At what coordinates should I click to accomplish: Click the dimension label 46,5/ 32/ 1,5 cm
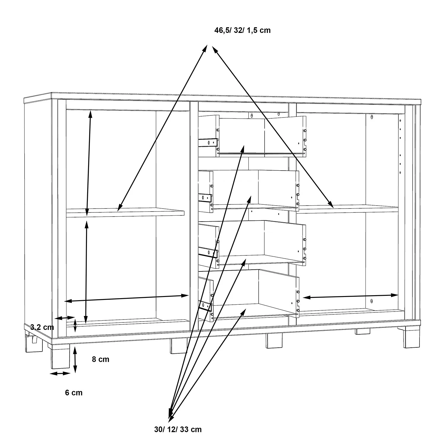(242, 30)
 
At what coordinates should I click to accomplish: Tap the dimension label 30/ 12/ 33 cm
(178, 429)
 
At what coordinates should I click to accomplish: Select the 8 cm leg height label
(101, 359)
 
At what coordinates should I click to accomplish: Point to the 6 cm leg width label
(74, 393)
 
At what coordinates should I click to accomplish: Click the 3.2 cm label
(42, 328)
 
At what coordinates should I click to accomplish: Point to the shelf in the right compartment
(347, 209)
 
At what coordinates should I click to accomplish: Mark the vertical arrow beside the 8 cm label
(75, 360)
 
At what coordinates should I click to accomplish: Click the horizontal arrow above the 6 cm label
(60, 374)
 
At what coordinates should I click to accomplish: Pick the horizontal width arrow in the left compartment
(127, 298)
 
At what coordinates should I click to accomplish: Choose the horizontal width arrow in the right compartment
(350, 296)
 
